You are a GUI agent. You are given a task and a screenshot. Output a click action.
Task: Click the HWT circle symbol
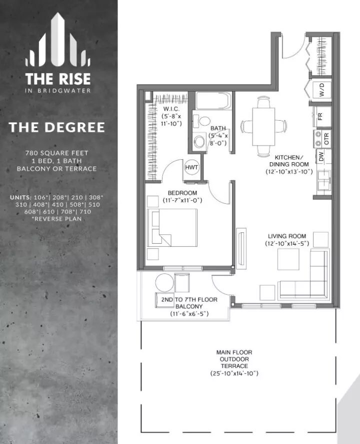191,167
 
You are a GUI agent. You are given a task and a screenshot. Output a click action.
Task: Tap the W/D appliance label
322,90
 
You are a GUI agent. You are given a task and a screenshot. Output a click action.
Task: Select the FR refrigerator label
320,116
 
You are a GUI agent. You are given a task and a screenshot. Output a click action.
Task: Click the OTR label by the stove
326,139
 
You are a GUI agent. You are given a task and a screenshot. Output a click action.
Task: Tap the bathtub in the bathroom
214,101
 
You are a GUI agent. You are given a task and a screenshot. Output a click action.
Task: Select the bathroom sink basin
200,141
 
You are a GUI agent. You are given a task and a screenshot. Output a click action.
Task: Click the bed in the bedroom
172,228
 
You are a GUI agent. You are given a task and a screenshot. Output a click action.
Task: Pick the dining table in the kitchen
263,126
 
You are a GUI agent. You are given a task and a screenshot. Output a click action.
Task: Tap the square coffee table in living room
288,259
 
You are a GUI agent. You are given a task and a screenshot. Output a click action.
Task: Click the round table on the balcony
164,282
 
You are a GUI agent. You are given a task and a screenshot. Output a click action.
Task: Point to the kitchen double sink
324,180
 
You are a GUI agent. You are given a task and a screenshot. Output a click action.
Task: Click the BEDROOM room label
182,193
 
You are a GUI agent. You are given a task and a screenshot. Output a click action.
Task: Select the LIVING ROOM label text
287,236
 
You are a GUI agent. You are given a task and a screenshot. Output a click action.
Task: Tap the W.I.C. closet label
171,109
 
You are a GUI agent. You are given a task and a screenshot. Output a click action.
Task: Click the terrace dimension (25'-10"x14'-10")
234,373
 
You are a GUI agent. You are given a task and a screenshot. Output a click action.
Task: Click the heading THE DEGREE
57,128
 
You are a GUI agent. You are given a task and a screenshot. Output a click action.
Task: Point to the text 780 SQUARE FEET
57,153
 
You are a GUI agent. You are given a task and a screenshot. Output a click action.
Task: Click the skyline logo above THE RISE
58,40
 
